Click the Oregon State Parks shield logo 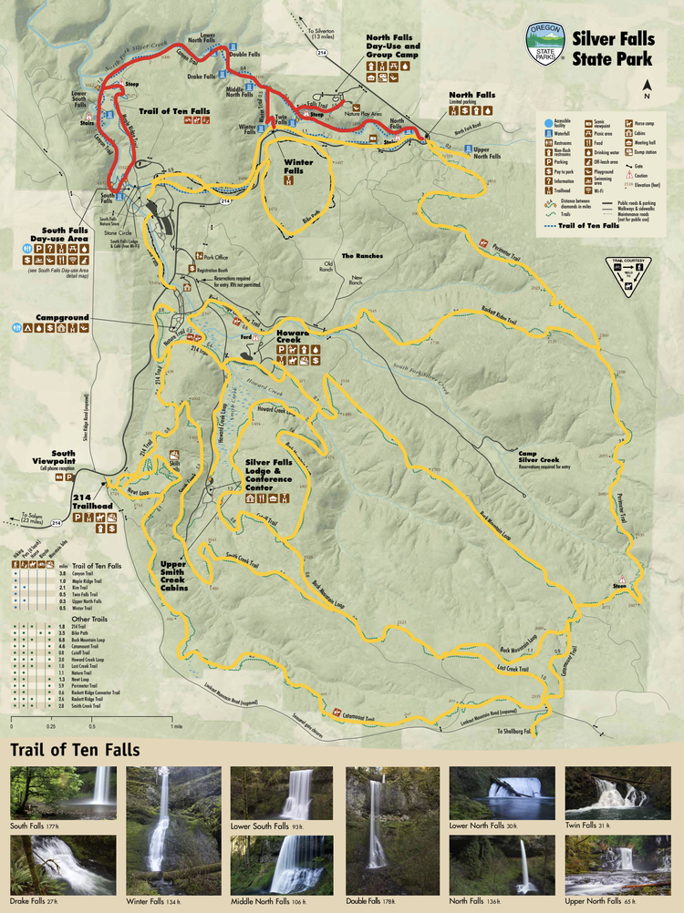click(x=545, y=43)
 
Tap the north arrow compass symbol click(x=647, y=88)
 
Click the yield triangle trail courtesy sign click(x=630, y=275)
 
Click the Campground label click(x=62, y=317)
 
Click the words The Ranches click(x=360, y=256)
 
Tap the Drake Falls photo click(x=63, y=865)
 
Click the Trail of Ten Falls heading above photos click(x=75, y=750)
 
